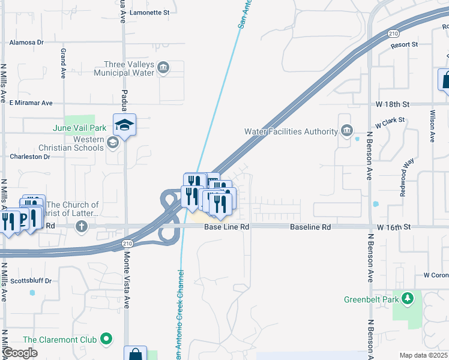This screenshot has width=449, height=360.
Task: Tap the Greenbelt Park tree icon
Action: pyautogui.click(x=408, y=298)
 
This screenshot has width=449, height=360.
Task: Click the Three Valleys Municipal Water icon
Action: pyautogui.click(x=163, y=66)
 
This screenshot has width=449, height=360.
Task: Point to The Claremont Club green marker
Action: pyautogui.click(x=107, y=340)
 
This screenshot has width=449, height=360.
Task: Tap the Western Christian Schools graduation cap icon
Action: pyautogui.click(x=113, y=143)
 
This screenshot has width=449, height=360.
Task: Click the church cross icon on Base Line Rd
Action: pyautogui.click(x=82, y=227)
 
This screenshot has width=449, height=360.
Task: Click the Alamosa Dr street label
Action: pyautogui.click(x=28, y=43)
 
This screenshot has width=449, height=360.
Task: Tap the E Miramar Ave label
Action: pyautogui.click(x=31, y=103)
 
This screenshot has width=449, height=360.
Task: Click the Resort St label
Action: pyautogui.click(x=403, y=45)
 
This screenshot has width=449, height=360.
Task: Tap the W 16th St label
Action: pyautogui.click(x=393, y=227)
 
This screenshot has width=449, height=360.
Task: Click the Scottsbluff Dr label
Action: pyautogui.click(x=31, y=281)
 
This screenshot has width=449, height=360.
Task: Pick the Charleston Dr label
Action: pyautogui.click(x=30, y=157)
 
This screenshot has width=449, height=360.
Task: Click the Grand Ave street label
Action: pyautogui.click(x=63, y=64)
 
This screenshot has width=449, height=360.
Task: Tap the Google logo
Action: pyautogui.click(x=20, y=353)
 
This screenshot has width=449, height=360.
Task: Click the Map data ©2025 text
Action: pyautogui.click(x=423, y=355)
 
